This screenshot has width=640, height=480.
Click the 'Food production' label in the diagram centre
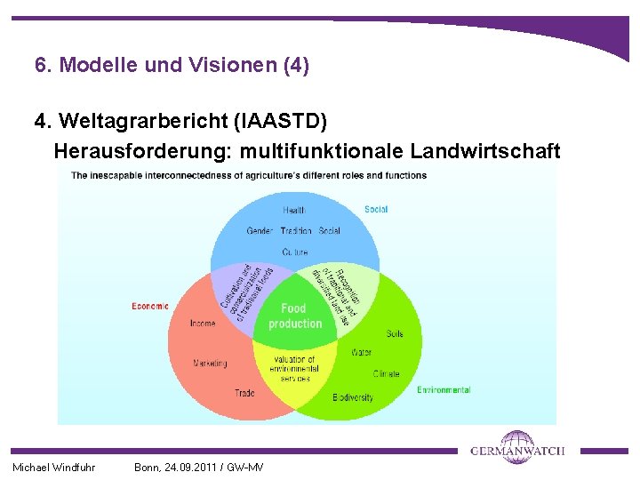(295, 316)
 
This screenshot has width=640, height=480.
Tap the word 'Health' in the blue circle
(295, 210)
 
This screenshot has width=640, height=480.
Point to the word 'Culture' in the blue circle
(295, 252)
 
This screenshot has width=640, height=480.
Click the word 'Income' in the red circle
(203, 324)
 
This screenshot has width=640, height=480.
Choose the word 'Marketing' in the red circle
(210, 363)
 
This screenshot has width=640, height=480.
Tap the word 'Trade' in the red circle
(244, 392)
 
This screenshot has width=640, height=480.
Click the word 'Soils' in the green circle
(395, 333)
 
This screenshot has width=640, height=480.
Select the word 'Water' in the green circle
(361, 352)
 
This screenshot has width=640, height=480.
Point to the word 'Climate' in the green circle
(387, 374)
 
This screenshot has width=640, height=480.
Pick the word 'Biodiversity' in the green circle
(353, 397)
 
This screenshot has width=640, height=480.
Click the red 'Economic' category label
(150, 307)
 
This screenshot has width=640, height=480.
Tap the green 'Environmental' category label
(444, 389)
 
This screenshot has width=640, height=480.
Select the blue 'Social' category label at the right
(376, 210)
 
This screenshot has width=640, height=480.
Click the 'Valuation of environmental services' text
(294, 369)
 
